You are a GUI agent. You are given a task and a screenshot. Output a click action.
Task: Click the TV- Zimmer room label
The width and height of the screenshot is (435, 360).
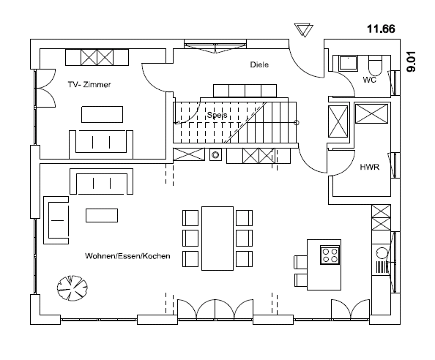coord(89,85)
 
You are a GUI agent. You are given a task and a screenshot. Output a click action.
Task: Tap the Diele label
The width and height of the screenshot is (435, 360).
coord(259,64)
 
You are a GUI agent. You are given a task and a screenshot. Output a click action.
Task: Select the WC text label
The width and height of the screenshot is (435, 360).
coord(370,80)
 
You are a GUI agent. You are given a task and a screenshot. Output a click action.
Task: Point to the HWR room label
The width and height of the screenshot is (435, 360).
coord(370,167)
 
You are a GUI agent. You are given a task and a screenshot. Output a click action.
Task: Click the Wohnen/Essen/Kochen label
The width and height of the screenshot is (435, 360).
coord(127,256)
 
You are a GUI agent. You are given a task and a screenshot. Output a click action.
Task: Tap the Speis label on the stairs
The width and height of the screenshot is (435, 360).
coord(217,115)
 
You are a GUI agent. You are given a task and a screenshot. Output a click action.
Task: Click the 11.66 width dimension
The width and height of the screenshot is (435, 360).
coord(381,29)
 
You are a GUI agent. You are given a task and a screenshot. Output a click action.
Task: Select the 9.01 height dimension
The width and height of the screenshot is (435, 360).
coord(412,61)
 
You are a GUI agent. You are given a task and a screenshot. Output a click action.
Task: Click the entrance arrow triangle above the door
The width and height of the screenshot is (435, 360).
coord(304,30)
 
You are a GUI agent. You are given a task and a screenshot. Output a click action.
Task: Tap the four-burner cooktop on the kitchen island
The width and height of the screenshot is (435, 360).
coord(330,255)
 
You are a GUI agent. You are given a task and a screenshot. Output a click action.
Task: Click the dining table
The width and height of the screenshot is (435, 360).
coord(218,239)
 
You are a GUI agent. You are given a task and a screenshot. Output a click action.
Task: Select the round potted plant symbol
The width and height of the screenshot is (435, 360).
coord(72,288)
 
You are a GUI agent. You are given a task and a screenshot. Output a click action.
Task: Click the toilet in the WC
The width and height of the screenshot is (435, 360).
coord(376,64)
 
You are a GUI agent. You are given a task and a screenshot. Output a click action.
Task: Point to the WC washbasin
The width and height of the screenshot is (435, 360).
coord(348,63)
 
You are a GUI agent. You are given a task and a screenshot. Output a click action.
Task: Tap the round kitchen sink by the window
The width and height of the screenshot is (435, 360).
coord(382,252)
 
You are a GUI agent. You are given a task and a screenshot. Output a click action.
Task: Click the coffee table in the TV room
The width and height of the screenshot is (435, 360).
coord(102,114)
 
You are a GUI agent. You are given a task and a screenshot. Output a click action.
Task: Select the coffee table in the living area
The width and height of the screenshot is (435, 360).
coord(102,215)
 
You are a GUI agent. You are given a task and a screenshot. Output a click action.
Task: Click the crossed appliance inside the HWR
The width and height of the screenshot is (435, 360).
coord(372,113)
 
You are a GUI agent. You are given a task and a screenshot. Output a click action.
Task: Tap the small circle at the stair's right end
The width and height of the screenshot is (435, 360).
coord(297,122)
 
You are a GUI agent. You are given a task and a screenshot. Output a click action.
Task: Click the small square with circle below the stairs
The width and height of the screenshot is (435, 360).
coord(215,154)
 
